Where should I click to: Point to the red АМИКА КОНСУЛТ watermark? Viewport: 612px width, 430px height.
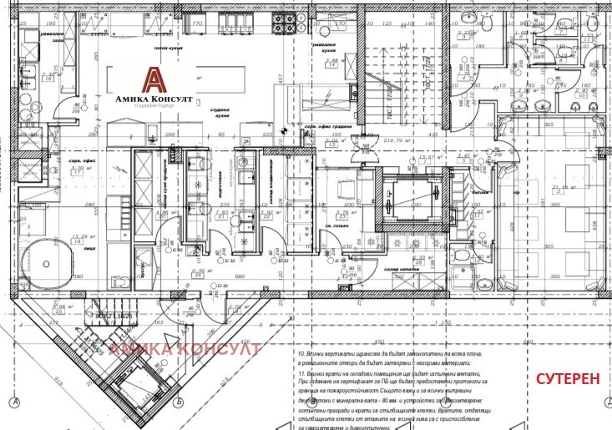(185, 348)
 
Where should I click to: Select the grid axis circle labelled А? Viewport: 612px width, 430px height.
(16, 405)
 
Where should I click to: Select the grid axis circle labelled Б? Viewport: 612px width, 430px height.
(181, 405)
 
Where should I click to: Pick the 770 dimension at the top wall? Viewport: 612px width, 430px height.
(198, 24)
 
